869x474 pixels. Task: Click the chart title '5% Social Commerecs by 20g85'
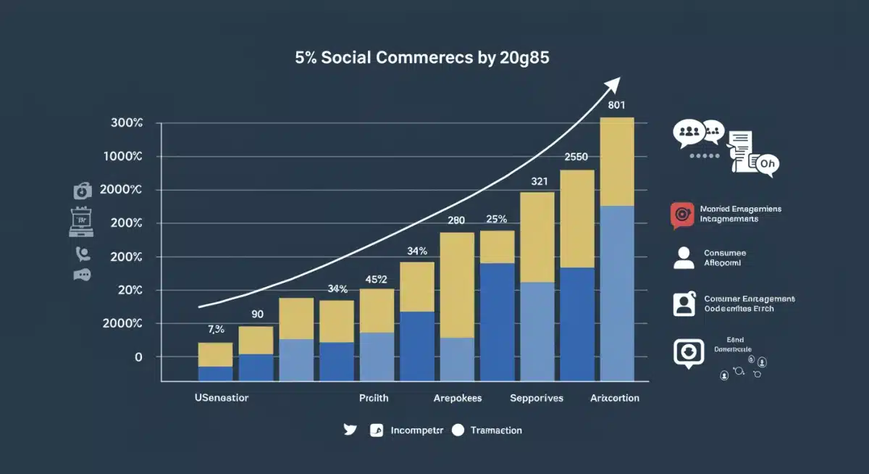[x=421, y=59]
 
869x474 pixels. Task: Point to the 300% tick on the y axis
[x=127, y=123]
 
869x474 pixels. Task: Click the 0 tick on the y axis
[x=138, y=357]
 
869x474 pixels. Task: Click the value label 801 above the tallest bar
[x=617, y=104]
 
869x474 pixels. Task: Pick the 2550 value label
[x=576, y=157]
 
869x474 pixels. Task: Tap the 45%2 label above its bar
[x=377, y=279]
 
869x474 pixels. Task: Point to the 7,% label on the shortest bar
[x=216, y=329]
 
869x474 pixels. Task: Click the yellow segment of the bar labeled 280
[x=457, y=285]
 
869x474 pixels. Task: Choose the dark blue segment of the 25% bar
[x=497, y=321]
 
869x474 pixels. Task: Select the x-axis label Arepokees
[x=457, y=398]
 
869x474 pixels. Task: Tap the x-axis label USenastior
[x=222, y=398]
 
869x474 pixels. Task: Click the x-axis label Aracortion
[x=615, y=398]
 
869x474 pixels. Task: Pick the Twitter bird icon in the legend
[x=350, y=430]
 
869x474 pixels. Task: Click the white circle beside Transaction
[x=457, y=430]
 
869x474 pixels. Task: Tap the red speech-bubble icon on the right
[x=681, y=215]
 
